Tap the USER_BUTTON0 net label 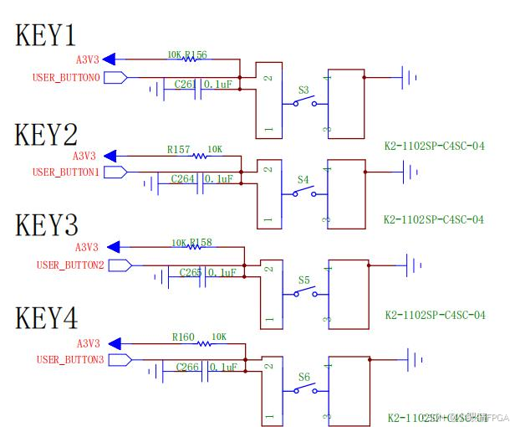66,78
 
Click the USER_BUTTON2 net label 70,265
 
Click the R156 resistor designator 196,55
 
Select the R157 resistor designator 178,150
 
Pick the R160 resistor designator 183,337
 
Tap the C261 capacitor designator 185,85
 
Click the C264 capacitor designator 183,179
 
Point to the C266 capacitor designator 188,367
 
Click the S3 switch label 303,89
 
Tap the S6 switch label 304,376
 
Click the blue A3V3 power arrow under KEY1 119,59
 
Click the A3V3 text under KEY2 84,156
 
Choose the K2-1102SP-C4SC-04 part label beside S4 434,219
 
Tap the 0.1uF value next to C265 222,273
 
